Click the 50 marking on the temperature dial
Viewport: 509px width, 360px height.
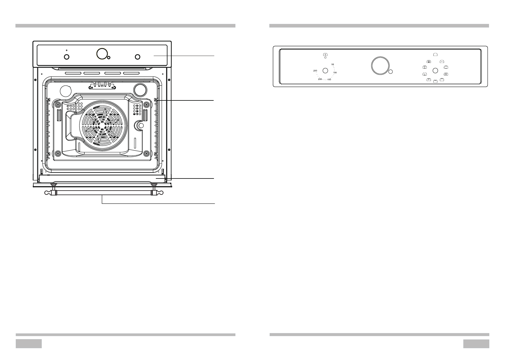tap(333, 64)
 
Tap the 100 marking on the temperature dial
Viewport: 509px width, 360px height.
tap(335, 73)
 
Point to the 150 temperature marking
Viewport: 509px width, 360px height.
tap(329, 80)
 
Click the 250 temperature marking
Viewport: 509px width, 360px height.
tap(315, 71)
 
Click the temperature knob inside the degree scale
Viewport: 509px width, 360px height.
tap(325, 70)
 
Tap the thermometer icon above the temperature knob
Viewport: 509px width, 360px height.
tap(325, 55)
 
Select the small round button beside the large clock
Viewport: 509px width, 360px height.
tap(390, 72)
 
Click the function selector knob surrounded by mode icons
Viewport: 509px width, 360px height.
tap(435, 70)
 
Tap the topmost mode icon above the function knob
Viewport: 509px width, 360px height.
tap(435, 54)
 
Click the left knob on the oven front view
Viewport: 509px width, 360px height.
tap(67, 57)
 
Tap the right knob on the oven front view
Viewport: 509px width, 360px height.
tap(137, 57)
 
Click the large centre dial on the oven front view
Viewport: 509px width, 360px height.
tap(102, 54)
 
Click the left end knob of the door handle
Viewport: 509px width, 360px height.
tap(47, 193)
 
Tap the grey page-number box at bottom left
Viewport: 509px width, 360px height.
tap(28, 343)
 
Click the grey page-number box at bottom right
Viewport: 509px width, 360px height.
tap(476, 343)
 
